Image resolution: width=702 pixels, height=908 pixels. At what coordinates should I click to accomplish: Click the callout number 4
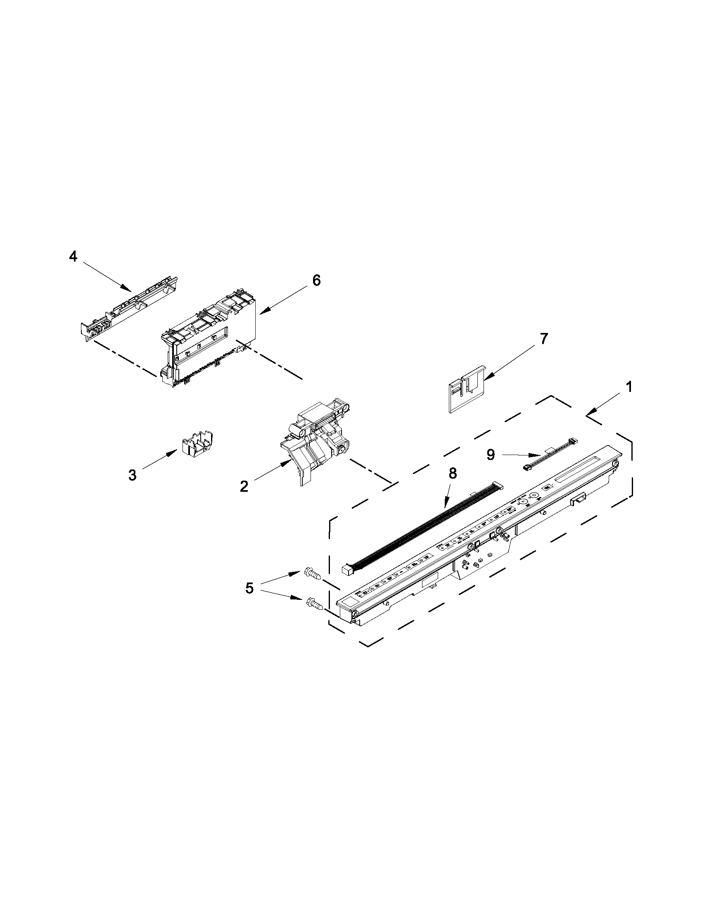point(73,257)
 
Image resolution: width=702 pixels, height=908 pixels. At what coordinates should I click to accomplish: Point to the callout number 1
point(629,387)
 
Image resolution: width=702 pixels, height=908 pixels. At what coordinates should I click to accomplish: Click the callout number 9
point(491,455)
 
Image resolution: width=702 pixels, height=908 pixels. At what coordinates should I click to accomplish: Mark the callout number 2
point(244,486)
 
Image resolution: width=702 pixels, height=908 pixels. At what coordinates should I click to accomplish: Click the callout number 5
point(249,588)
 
